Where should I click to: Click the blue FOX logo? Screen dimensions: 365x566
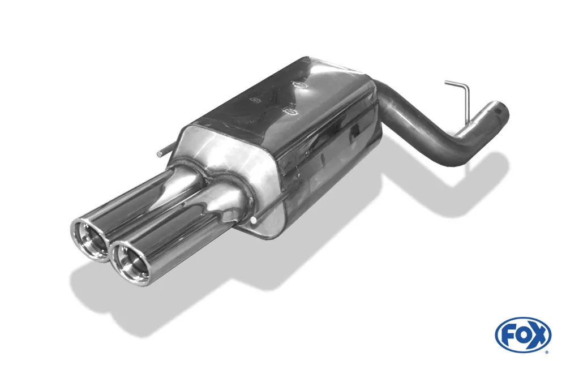coord(522,334)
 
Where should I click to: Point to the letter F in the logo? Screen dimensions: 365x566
coord(508,334)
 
